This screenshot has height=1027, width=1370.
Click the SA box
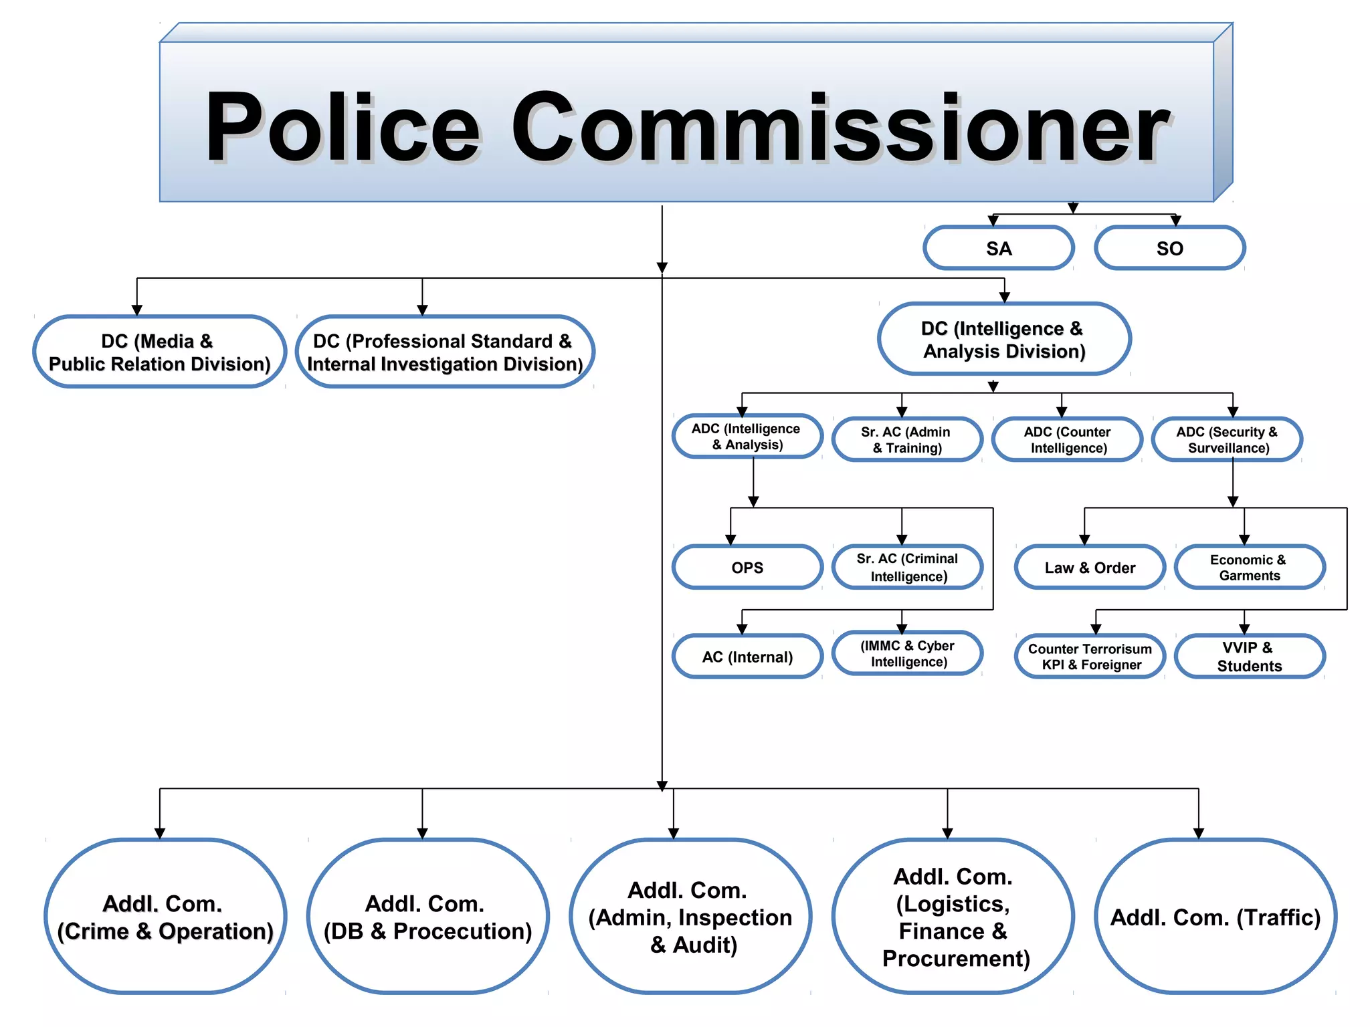[x=998, y=248]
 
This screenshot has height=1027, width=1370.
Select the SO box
[x=1169, y=248]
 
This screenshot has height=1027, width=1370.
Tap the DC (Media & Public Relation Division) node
[x=159, y=352]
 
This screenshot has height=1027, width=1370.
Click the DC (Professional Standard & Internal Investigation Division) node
[x=445, y=352]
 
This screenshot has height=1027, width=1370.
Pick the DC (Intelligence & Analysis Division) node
[x=1003, y=340]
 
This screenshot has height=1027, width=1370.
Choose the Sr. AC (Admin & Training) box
[x=907, y=440]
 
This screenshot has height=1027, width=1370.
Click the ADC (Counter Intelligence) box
[x=1068, y=440]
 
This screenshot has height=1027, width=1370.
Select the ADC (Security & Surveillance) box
[x=1227, y=440]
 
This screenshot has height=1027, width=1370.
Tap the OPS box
[x=747, y=568]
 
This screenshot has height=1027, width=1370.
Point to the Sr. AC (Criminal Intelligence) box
[x=908, y=568]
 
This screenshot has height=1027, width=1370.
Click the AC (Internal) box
[x=747, y=657]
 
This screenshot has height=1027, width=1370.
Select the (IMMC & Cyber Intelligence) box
[x=908, y=653]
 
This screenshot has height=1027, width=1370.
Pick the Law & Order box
[x=1090, y=568]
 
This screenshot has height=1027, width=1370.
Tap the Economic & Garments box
[x=1249, y=568]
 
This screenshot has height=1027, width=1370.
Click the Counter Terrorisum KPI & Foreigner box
[x=1090, y=657]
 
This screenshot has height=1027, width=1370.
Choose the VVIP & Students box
[x=1249, y=657]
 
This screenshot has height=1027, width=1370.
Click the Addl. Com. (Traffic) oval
[x=1215, y=917]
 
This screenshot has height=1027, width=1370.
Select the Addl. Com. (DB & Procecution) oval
[x=427, y=917]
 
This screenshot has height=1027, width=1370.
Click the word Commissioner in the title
[x=840, y=127]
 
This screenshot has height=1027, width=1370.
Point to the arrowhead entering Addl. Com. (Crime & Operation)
[x=159, y=833]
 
